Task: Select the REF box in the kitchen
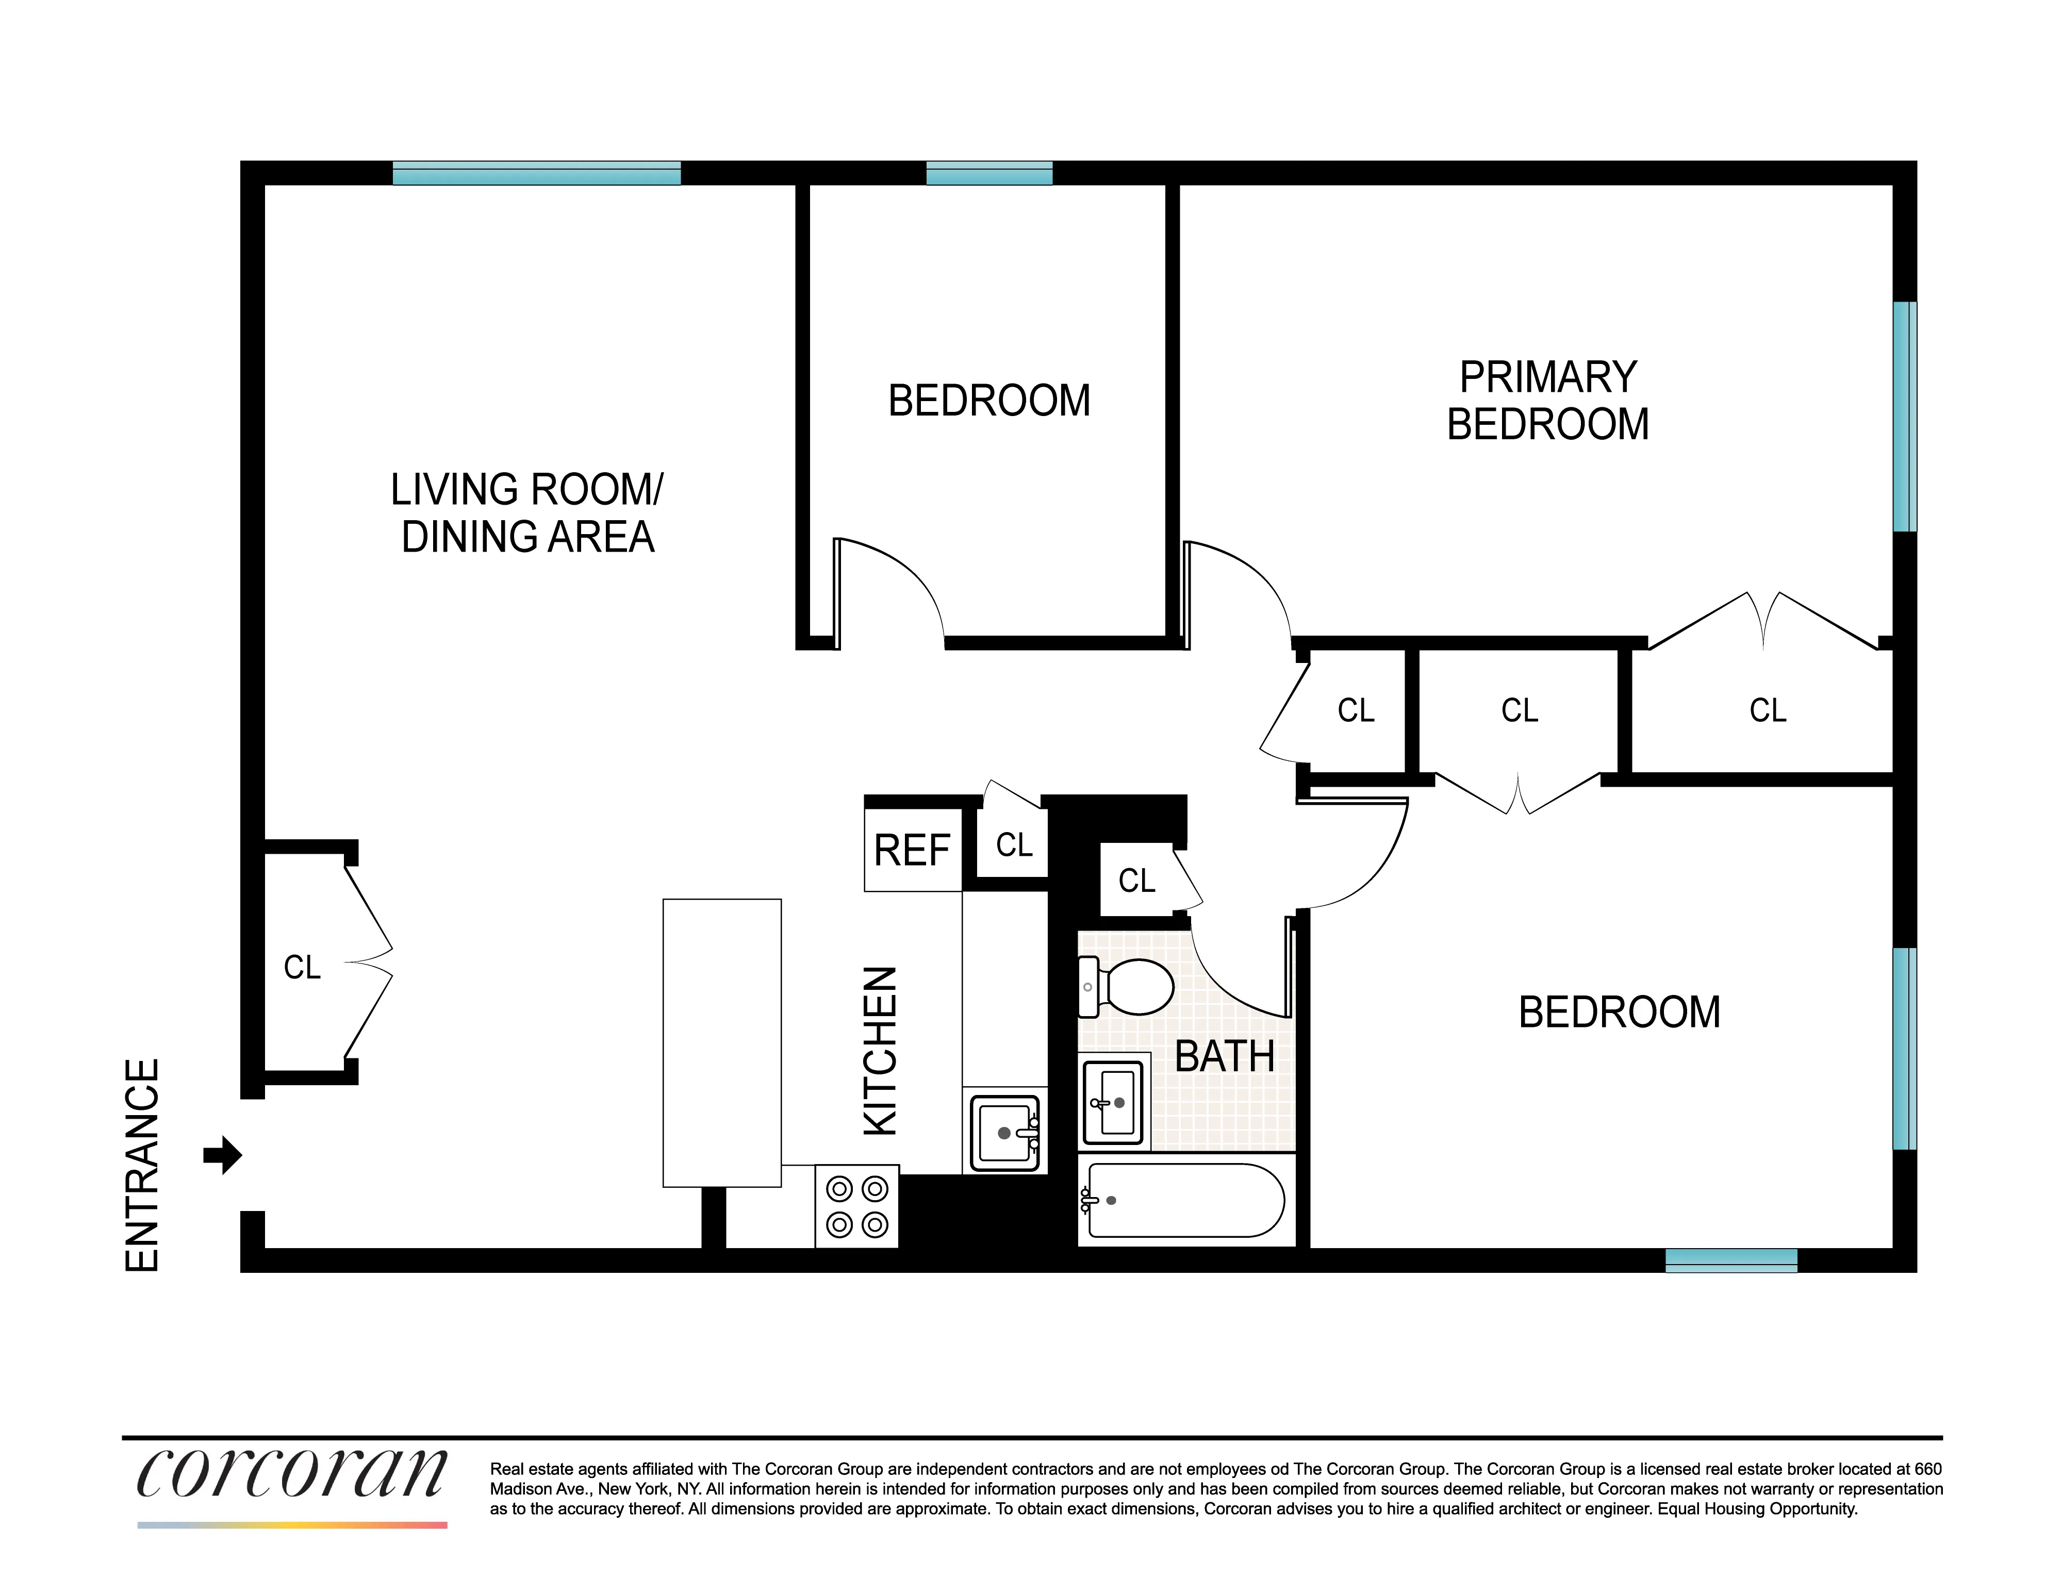pyautogui.click(x=912, y=850)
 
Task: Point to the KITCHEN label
pyautogui.click(x=881, y=1050)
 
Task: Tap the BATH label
pyautogui.click(x=1225, y=1056)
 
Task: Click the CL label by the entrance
pyautogui.click(x=302, y=967)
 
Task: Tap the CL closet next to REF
pyautogui.click(x=1014, y=844)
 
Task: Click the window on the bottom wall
pyautogui.click(x=1730, y=1260)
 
